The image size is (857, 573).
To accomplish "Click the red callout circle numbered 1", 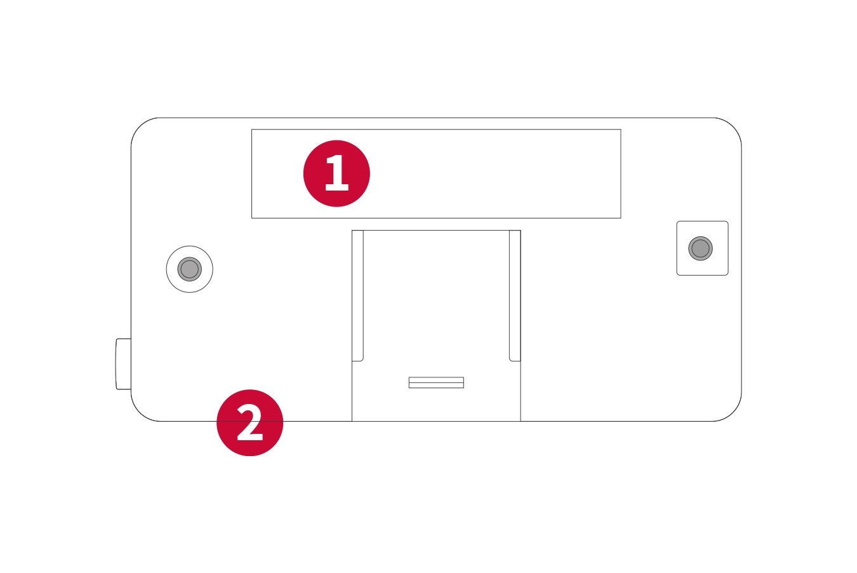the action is [x=336, y=173].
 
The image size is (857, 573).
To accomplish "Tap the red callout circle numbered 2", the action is [x=250, y=422].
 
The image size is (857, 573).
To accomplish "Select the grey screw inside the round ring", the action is [x=189, y=269].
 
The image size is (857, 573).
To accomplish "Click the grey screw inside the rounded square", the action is [x=701, y=248].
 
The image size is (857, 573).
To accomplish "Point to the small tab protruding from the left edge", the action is [x=123, y=364].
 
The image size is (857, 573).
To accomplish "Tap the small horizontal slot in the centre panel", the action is [x=436, y=382].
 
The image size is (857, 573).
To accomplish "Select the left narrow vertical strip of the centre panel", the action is [x=357, y=295].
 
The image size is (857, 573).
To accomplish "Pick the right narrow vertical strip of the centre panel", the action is [x=515, y=295].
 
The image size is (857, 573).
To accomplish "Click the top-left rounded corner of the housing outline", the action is [x=139, y=126].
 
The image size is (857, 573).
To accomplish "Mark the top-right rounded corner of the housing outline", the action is [x=733, y=126].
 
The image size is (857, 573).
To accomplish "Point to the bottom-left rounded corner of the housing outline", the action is [x=139, y=413].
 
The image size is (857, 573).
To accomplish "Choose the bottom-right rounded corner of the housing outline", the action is [x=733, y=413].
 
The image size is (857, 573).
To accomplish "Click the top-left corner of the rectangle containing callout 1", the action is [x=252, y=130].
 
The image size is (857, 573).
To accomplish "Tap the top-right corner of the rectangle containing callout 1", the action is [x=621, y=130].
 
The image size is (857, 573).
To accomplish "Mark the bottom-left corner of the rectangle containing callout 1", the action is [x=252, y=218].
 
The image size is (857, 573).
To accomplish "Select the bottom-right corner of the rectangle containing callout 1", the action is [x=621, y=218].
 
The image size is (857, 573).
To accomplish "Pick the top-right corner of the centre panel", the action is [x=521, y=231].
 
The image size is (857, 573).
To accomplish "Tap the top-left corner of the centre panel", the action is [x=352, y=231].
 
